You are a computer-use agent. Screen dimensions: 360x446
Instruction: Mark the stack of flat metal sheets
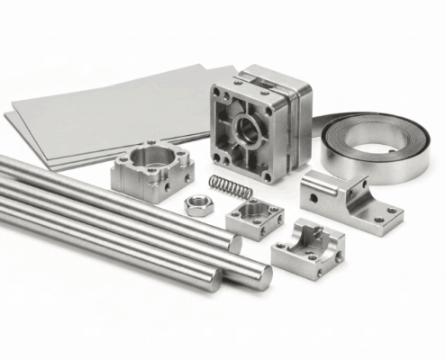point(99,112)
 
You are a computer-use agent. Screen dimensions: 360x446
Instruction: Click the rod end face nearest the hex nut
point(232,243)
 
